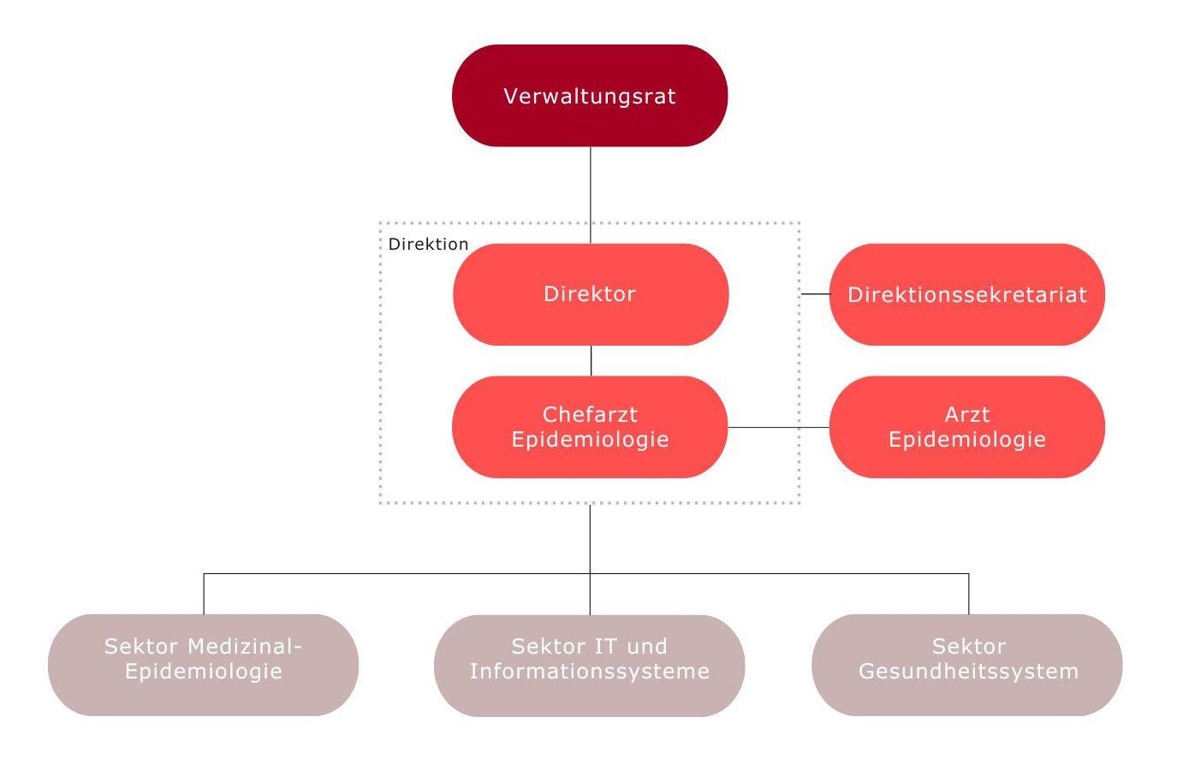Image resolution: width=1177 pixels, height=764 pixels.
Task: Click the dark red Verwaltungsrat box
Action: click(x=590, y=96)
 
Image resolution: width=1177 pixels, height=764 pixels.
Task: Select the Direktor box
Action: click(x=591, y=294)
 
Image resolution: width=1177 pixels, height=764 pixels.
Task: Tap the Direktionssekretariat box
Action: click(x=967, y=294)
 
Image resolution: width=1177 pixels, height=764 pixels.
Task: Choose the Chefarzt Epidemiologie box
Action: click(x=590, y=427)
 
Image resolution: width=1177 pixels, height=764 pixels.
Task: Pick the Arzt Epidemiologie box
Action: click(x=967, y=427)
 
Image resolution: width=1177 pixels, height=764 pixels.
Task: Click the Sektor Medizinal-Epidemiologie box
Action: click(x=203, y=665)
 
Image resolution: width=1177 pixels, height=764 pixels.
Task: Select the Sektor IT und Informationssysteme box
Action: click(x=590, y=665)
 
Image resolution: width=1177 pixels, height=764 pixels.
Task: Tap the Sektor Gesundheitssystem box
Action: click(x=967, y=665)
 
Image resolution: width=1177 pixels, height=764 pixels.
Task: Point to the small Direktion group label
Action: click(x=428, y=244)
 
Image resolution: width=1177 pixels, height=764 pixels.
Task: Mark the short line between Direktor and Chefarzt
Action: click(x=591, y=360)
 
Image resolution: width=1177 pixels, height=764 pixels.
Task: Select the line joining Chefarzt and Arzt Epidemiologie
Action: click(x=778, y=427)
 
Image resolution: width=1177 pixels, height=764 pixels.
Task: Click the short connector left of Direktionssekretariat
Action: click(x=816, y=294)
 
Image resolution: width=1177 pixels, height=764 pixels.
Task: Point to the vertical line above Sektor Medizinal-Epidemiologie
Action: click(x=204, y=594)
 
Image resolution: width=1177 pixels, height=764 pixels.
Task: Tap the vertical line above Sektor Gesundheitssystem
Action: click(x=969, y=594)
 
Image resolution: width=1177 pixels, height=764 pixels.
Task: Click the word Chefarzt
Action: click(x=590, y=415)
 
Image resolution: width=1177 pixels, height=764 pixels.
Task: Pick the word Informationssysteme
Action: click(x=590, y=672)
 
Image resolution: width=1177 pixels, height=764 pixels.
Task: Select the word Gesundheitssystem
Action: click(x=968, y=672)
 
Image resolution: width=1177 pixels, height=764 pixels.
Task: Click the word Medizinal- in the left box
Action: click(x=246, y=647)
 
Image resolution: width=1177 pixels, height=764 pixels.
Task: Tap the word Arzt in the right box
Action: click(x=967, y=415)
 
